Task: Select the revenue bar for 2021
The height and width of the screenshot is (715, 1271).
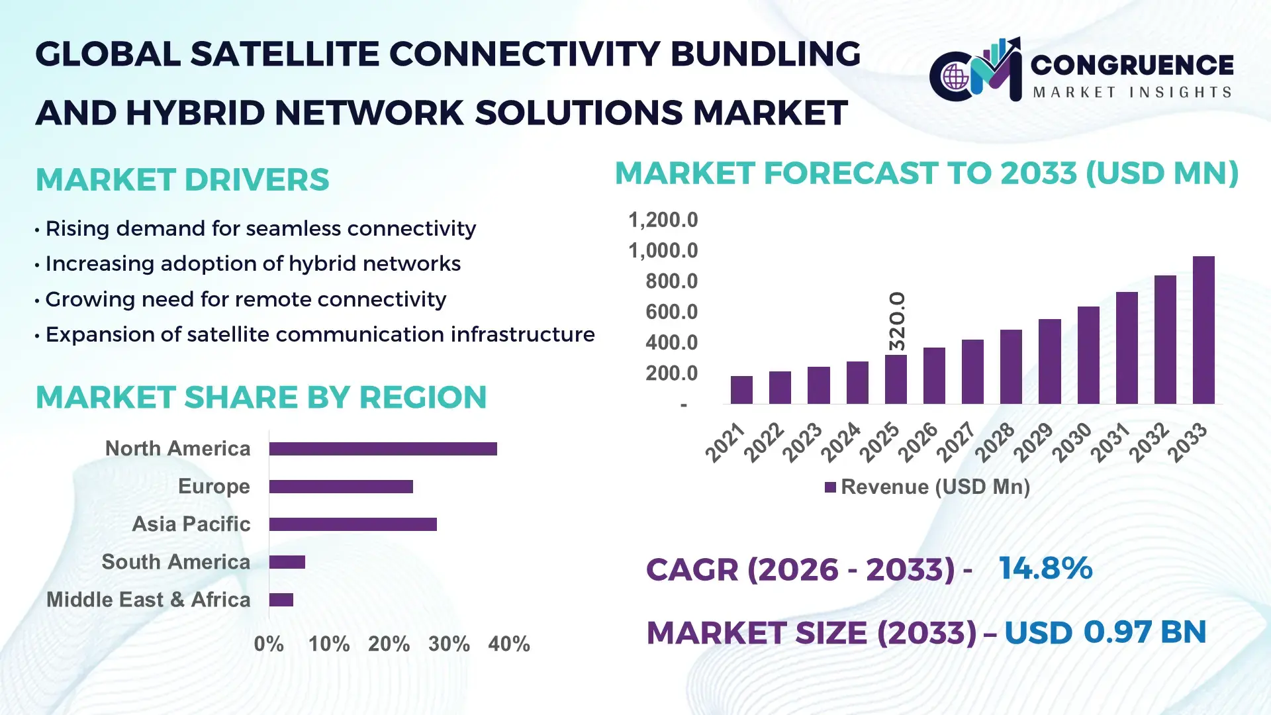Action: click(741, 390)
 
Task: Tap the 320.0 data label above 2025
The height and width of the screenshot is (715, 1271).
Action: click(896, 321)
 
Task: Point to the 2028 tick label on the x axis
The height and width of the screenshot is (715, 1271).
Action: click(994, 442)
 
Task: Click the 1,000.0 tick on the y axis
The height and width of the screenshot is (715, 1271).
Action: click(663, 251)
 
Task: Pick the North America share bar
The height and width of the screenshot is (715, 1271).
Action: click(383, 449)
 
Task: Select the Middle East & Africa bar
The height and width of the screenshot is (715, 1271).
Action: click(281, 600)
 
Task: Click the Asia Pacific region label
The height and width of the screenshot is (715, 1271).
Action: click(191, 524)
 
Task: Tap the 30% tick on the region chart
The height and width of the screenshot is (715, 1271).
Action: click(449, 644)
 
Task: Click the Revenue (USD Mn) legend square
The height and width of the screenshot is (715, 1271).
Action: click(830, 487)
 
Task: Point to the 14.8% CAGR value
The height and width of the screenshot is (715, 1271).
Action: click(1045, 569)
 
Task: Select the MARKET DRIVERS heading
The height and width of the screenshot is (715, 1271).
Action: click(182, 180)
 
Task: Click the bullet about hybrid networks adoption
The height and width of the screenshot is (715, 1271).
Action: click(252, 264)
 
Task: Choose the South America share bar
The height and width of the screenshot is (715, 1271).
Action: click(287, 562)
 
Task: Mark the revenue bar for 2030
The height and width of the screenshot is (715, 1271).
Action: click(1088, 355)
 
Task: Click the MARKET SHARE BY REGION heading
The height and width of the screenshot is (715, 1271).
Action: click(261, 398)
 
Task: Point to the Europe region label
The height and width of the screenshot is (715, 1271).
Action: click(214, 487)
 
